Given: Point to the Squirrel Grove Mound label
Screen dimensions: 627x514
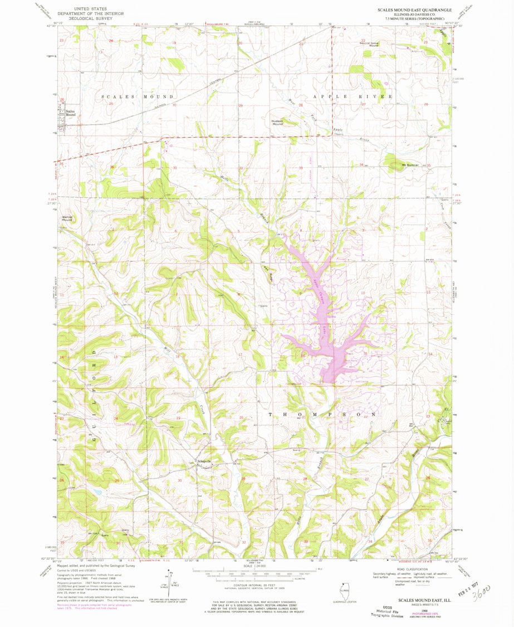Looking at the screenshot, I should click(x=369, y=44).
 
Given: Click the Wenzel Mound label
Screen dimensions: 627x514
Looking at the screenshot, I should click(x=67, y=218).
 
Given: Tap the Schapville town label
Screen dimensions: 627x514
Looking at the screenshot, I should click(x=204, y=461).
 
